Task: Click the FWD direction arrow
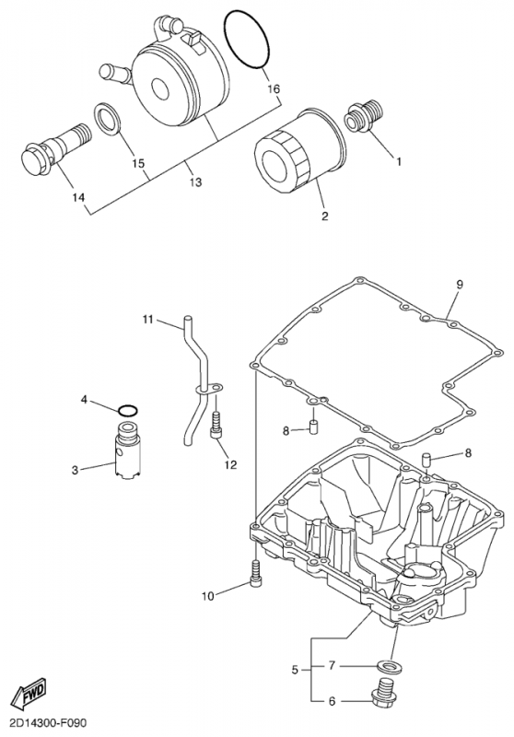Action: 29,693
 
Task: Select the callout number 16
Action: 274,88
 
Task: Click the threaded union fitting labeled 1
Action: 364,117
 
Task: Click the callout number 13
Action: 195,181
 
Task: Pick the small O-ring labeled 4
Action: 128,410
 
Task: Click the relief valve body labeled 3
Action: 128,451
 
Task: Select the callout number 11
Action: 148,320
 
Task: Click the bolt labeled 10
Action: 255,572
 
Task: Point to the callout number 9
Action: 460,284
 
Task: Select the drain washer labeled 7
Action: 388,666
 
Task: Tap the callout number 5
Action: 295,670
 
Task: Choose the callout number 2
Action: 324,216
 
